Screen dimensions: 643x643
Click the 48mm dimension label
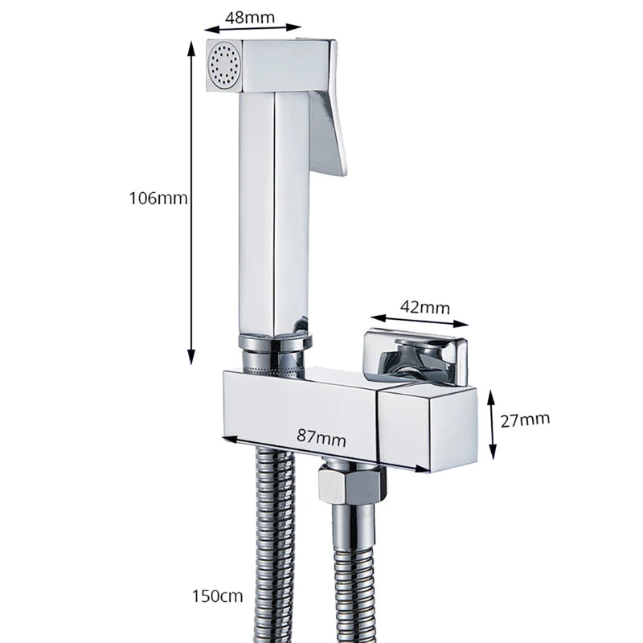tap(249, 17)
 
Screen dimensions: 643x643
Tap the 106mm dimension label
tap(158, 198)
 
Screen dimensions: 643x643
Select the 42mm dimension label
tap(425, 307)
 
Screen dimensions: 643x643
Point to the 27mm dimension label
tap(525, 420)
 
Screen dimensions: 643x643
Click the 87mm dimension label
tap(321, 437)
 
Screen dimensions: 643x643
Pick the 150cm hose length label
tap(217, 596)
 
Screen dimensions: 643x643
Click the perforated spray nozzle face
tap(224, 66)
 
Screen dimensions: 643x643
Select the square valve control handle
tap(415, 358)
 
